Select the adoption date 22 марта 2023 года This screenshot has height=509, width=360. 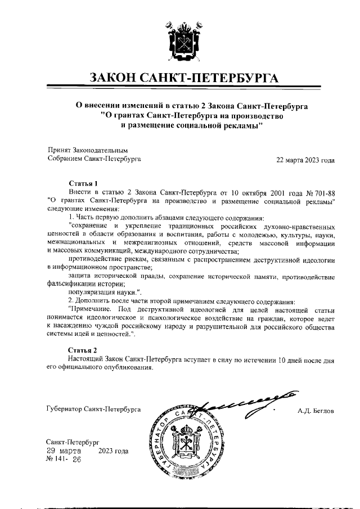point(305,160)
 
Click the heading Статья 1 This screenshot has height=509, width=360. point(83,183)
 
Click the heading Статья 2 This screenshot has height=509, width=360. point(83,350)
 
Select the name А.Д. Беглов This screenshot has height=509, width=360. point(316,411)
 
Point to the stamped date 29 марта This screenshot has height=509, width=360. point(64,451)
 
